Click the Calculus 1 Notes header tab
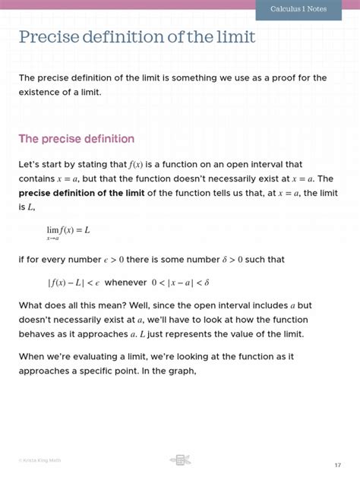pyautogui.click(x=306, y=8)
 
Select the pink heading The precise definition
pyautogui.click(x=76, y=139)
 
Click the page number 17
pyautogui.click(x=337, y=464)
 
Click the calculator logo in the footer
pyautogui.click(x=180, y=459)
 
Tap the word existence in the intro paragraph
pyautogui.click(x=43, y=92)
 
